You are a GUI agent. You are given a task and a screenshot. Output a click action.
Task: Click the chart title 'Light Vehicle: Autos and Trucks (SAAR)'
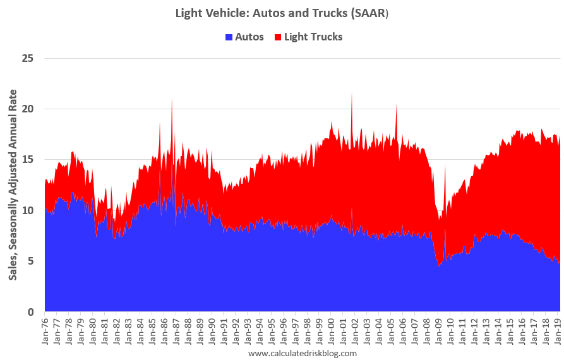tap(282, 13)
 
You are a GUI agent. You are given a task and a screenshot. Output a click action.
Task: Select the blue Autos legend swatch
tap(229, 37)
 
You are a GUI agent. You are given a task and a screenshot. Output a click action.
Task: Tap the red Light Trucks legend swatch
tap(278, 37)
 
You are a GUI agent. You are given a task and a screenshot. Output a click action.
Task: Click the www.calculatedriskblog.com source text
tap(303, 353)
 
